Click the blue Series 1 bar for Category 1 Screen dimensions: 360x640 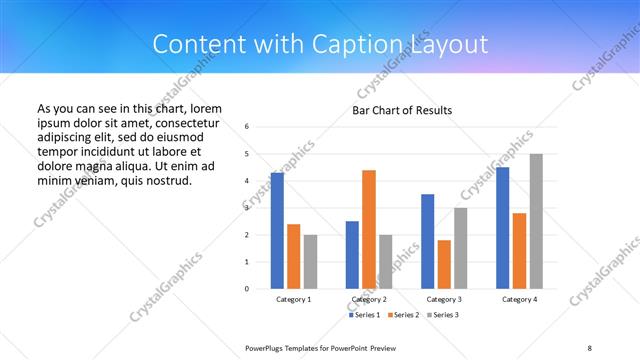[x=277, y=230]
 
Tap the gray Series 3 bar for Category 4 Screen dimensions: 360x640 [x=536, y=221]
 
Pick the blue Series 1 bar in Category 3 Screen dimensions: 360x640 [x=428, y=241]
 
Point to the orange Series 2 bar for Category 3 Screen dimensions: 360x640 [x=444, y=264]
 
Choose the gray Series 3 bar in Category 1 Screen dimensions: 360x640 [x=310, y=261]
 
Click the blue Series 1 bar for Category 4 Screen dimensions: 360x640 [x=503, y=227]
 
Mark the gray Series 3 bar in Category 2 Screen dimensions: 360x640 [x=386, y=261]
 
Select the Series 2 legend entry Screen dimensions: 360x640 [x=402, y=315]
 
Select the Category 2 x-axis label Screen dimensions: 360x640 [x=369, y=299]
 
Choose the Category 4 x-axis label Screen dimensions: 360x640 [x=519, y=299]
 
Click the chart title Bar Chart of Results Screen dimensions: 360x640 [x=402, y=109]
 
